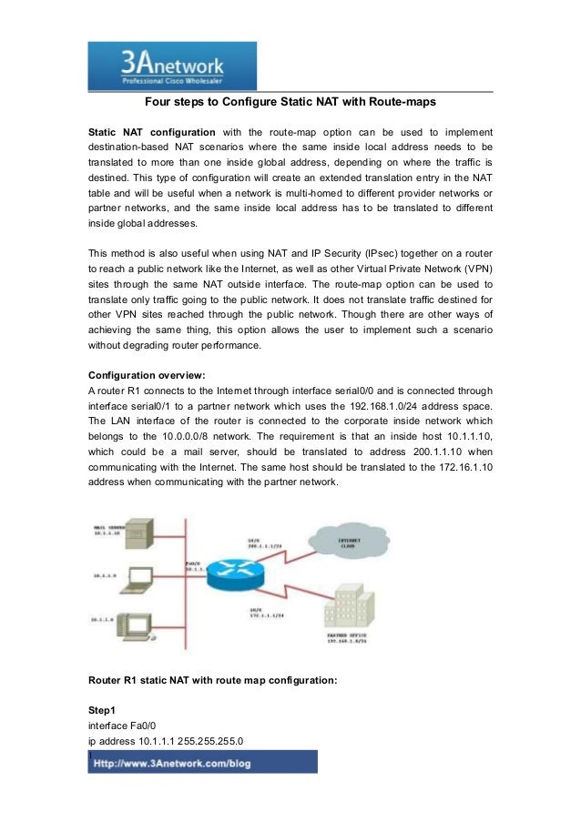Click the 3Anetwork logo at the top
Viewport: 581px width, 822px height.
point(172,66)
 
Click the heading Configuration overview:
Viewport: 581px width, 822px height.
point(139,375)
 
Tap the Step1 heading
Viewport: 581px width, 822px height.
point(104,709)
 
